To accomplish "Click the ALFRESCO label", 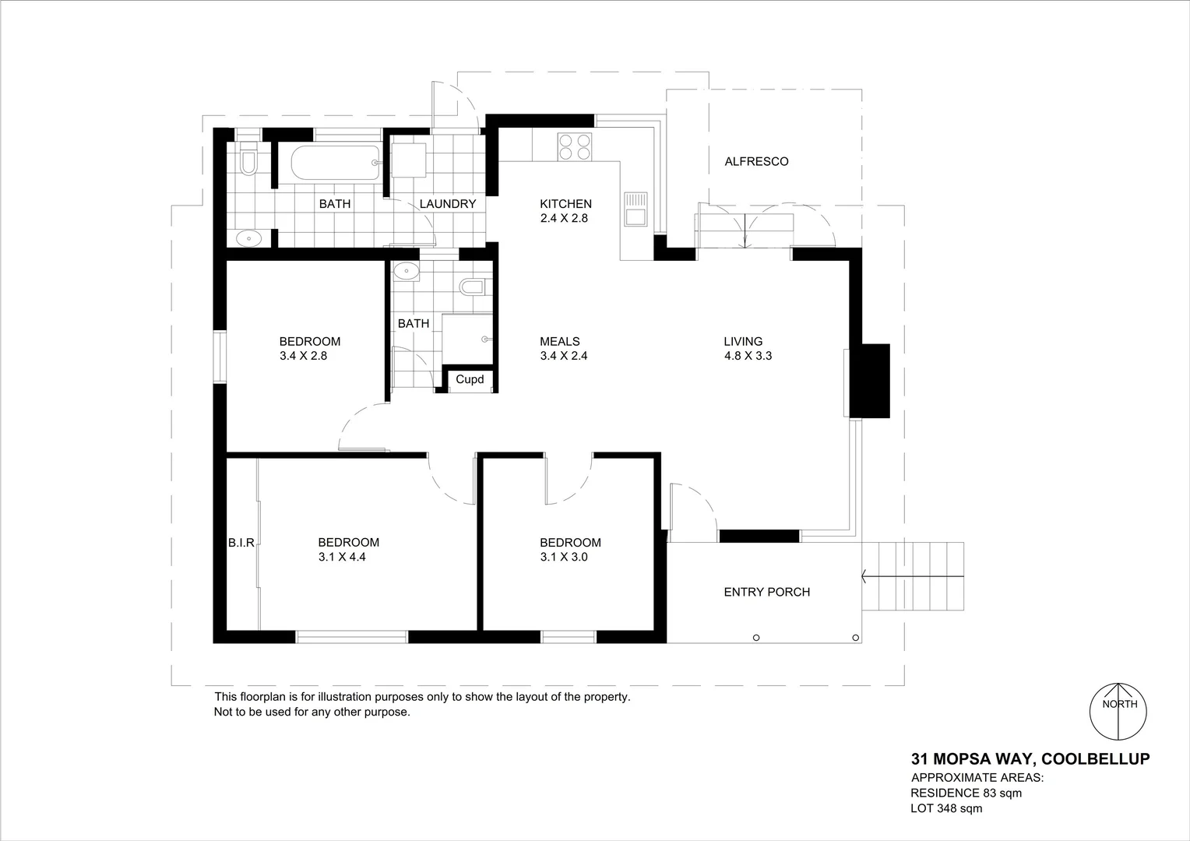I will pyautogui.click(x=756, y=162).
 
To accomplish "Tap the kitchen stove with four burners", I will pyautogui.click(x=574, y=146).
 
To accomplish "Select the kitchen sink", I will pyautogui.click(x=635, y=209).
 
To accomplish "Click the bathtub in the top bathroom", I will pyautogui.click(x=336, y=164).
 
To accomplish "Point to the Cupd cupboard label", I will pyautogui.click(x=470, y=380).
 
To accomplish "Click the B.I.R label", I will pyautogui.click(x=241, y=543).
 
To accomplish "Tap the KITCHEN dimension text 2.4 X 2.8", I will pyautogui.click(x=564, y=219).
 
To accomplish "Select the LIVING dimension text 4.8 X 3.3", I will pyautogui.click(x=748, y=356).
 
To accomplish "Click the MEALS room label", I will pyautogui.click(x=559, y=341).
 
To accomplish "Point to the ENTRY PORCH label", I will pyautogui.click(x=766, y=592).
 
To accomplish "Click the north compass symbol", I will pyautogui.click(x=1118, y=712).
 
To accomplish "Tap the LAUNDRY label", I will pyautogui.click(x=447, y=204).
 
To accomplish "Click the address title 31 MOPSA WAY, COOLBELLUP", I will pyautogui.click(x=1030, y=758).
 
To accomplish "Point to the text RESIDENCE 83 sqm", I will pyautogui.click(x=966, y=793).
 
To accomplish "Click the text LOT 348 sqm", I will pyautogui.click(x=946, y=808).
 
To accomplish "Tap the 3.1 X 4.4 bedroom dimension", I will pyautogui.click(x=342, y=558).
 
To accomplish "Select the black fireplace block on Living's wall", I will pyautogui.click(x=869, y=381).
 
